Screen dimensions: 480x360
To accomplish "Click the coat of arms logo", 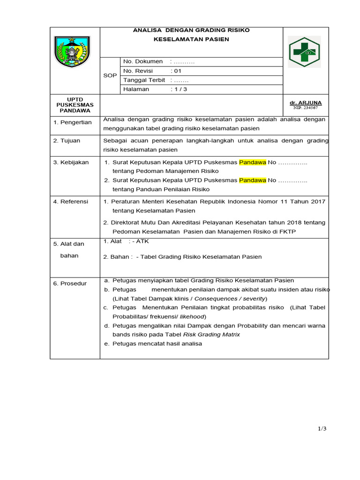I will [x=72, y=52].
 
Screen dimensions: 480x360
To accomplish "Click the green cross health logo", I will [x=304, y=52].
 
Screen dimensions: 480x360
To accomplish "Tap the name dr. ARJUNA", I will [x=306, y=103].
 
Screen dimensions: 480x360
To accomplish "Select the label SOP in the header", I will [x=110, y=75].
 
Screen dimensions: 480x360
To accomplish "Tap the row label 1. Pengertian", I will [x=72, y=122].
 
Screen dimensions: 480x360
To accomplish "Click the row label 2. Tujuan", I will [x=67, y=141].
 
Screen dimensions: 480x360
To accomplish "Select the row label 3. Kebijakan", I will [x=71, y=162].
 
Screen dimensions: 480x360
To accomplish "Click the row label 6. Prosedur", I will [x=70, y=284].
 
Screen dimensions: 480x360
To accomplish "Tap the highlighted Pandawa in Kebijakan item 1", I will [x=252, y=162].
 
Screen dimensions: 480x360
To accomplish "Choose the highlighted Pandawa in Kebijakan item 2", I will [x=252, y=180].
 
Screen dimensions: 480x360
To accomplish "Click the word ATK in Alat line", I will [x=142, y=241].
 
